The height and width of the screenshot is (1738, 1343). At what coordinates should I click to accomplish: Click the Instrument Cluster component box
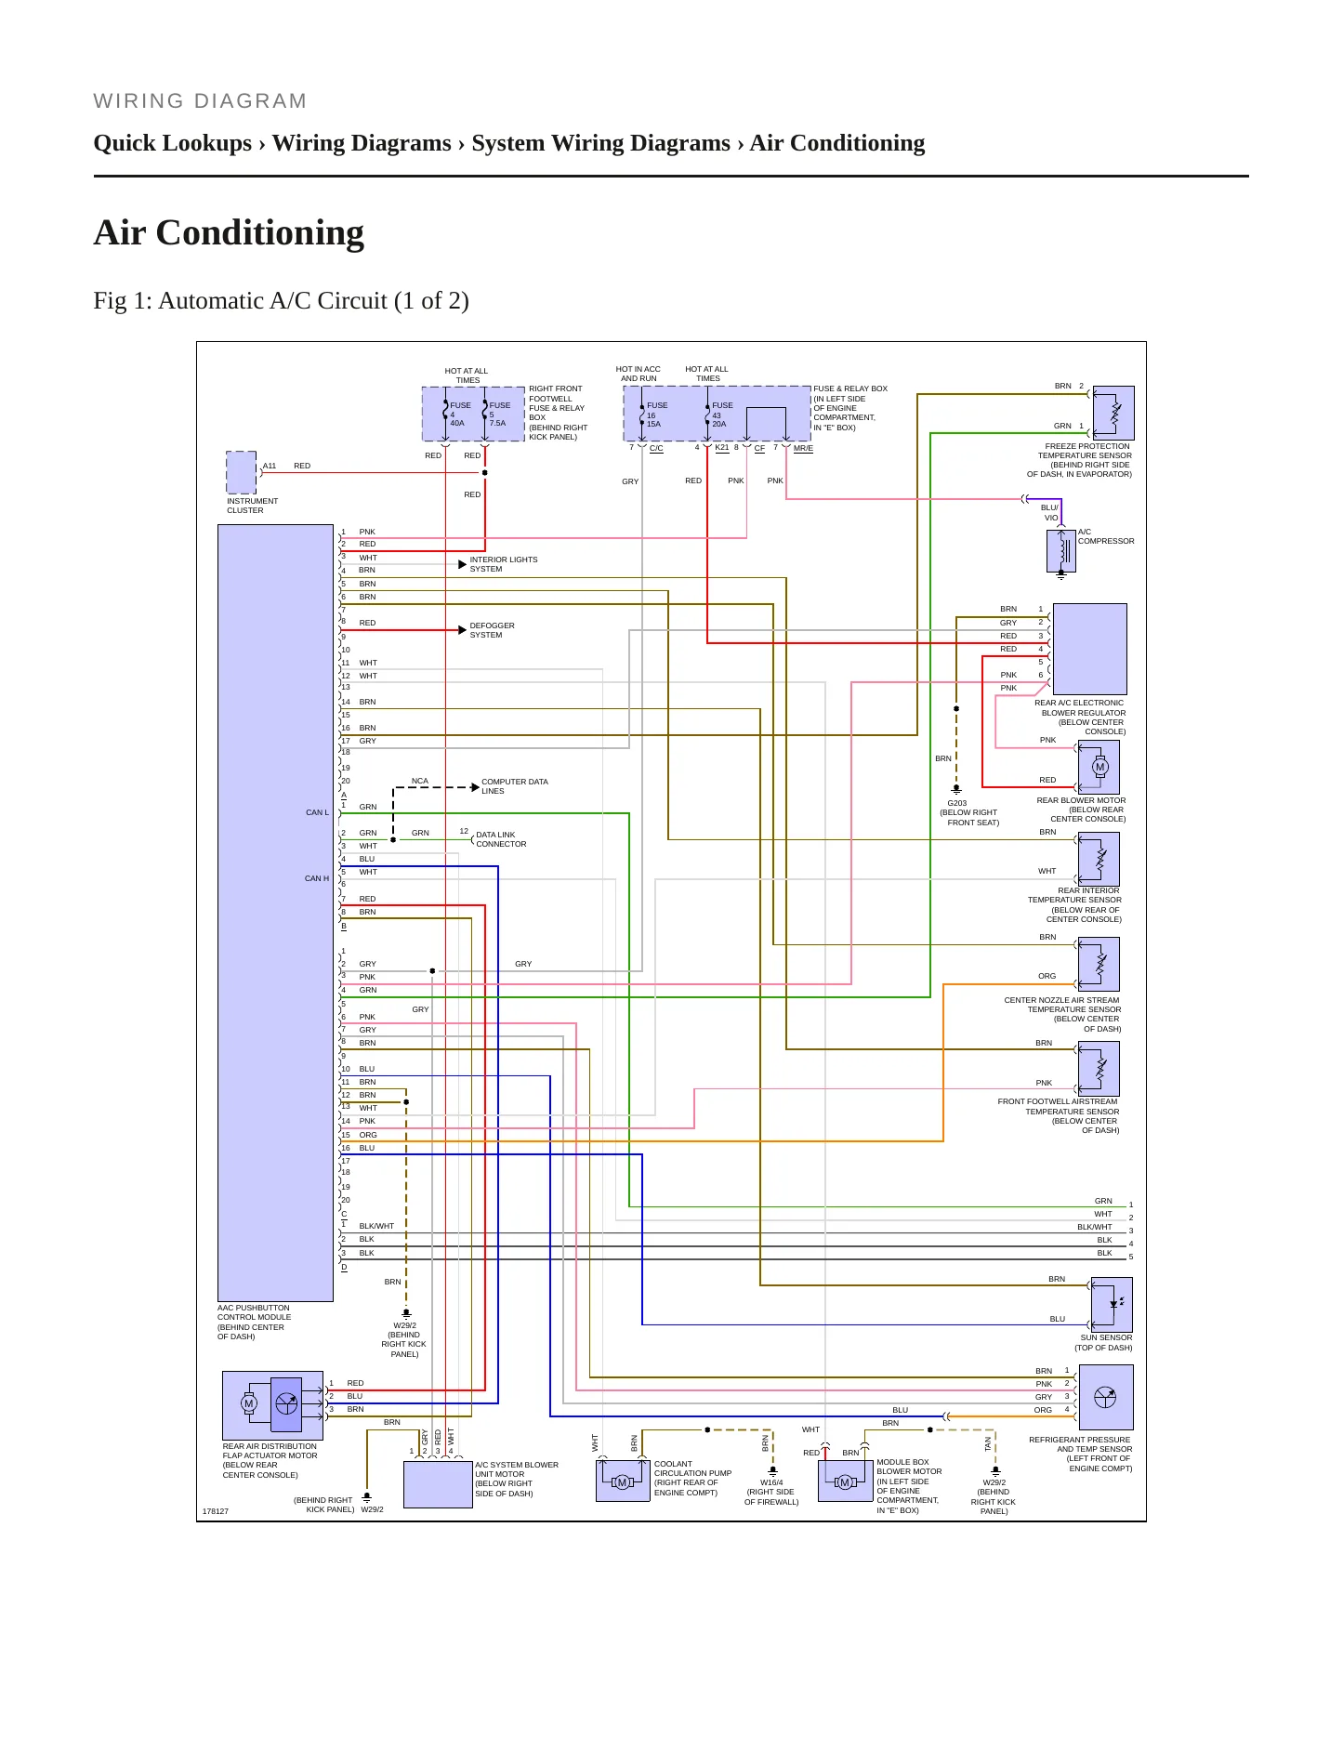coord(242,472)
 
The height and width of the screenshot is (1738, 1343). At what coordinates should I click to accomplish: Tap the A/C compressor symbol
coord(1061,550)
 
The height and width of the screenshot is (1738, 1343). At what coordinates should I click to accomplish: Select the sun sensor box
coord(1112,1305)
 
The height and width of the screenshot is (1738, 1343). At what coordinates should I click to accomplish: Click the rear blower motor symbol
coord(1099,767)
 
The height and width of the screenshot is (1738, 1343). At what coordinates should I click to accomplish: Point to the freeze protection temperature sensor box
coord(1113,413)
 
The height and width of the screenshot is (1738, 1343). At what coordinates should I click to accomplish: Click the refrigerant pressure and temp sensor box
coord(1106,1397)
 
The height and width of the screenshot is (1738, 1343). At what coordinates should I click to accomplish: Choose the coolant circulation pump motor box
coord(623,1481)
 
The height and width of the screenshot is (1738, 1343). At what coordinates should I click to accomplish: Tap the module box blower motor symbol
coord(846,1481)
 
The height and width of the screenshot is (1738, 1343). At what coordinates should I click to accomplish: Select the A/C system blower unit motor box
coord(438,1485)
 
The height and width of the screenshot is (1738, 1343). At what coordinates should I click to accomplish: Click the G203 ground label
coord(957,803)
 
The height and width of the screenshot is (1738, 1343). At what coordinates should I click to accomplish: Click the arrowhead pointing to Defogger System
coord(462,630)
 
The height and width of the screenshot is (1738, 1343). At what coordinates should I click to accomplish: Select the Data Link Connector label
coord(501,839)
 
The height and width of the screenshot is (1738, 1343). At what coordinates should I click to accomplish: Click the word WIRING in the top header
coord(136,101)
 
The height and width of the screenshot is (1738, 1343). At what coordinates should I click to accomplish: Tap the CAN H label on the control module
coord(317,878)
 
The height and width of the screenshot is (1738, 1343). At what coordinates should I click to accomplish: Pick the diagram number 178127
coord(216,1511)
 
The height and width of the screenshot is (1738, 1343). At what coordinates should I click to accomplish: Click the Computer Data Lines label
coord(515,786)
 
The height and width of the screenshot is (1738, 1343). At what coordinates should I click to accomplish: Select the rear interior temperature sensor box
coord(1099,859)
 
